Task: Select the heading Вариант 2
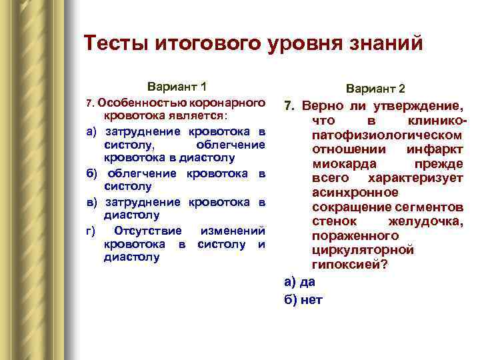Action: click(x=375, y=89)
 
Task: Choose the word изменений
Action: click(x=233, y=231)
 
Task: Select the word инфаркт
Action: click(x=435, y=149)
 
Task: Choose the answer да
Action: click(x=308, y=281)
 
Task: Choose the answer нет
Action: click(x=311, y=299)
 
